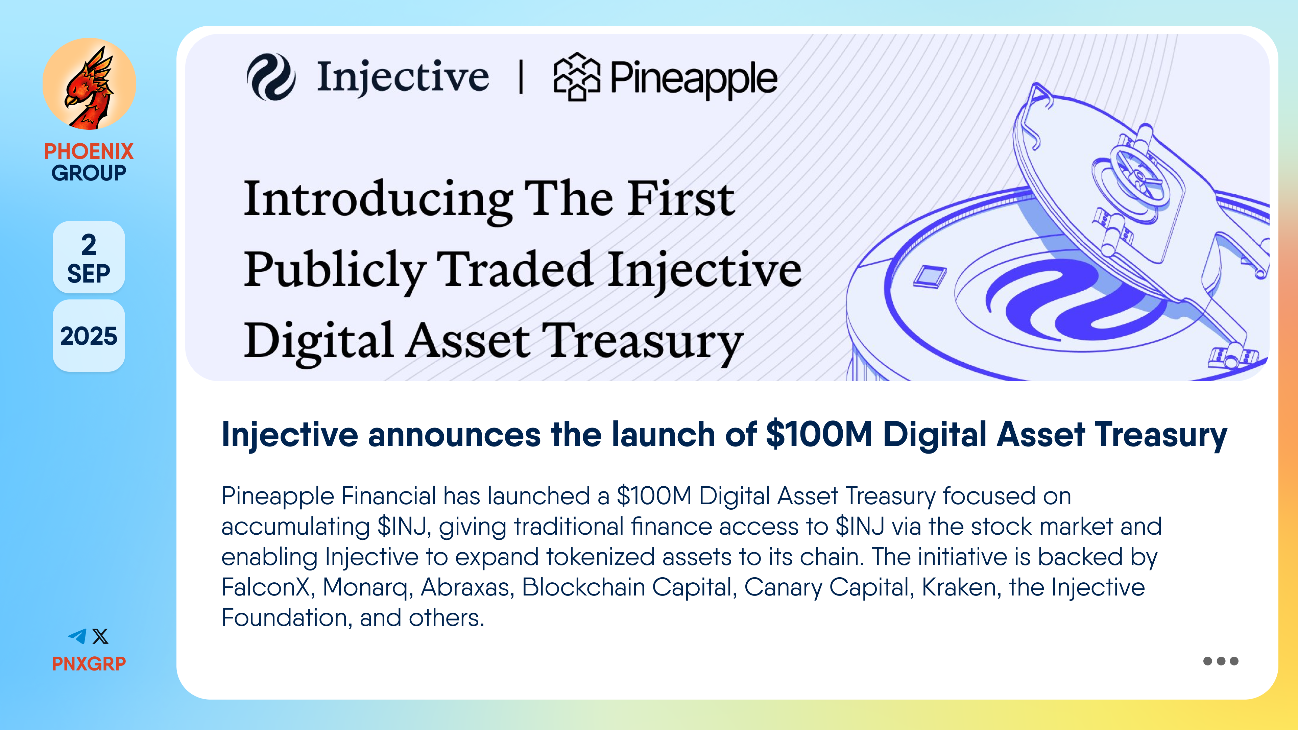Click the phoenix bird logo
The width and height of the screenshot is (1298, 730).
(x=89, y=84)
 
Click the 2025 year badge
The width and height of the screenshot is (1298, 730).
(x=89, y=336)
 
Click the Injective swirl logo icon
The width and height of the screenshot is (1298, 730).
(x=271, y=77)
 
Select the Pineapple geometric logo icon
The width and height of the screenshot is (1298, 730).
(x=577, y=77)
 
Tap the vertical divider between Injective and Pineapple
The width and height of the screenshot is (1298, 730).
(x=521, y=77)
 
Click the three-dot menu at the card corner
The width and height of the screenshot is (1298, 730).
(x=1220, y=661)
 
